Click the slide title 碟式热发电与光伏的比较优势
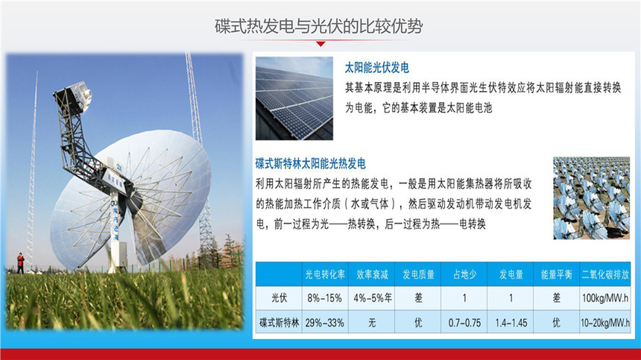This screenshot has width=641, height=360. click(x=318, y=27)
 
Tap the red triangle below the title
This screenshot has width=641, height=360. click(x=321, y=44)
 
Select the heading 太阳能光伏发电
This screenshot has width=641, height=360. click(x=376, y=68)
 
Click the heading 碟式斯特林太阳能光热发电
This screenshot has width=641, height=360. click(x=310, y=164)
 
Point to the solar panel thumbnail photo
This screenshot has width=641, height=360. click(x=294, y=98)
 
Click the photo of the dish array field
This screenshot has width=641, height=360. click(x=591, y=198)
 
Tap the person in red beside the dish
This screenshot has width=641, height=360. click(x=20, y=263)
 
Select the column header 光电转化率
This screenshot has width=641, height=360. click(x=324, y=274)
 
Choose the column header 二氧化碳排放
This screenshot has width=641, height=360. click(x=605, y=274)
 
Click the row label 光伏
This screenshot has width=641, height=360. click(x=280, y=298)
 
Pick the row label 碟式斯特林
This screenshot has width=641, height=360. click(x=280, y=323)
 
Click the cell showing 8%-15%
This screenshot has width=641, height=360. click(x=324, y=298)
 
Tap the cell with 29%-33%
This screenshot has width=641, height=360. click(x=324, y=323)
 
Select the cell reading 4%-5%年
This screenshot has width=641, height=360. click(x=372, y=298)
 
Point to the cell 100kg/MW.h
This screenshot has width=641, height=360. click(x=605, y=298)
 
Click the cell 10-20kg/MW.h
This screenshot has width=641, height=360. click(x=605, y=323)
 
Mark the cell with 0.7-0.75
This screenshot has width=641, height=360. click(x=464, y=323)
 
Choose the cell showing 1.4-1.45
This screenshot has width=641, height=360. click(x=511, y=323)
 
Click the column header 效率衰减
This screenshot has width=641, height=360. click(x=372, y=274)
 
